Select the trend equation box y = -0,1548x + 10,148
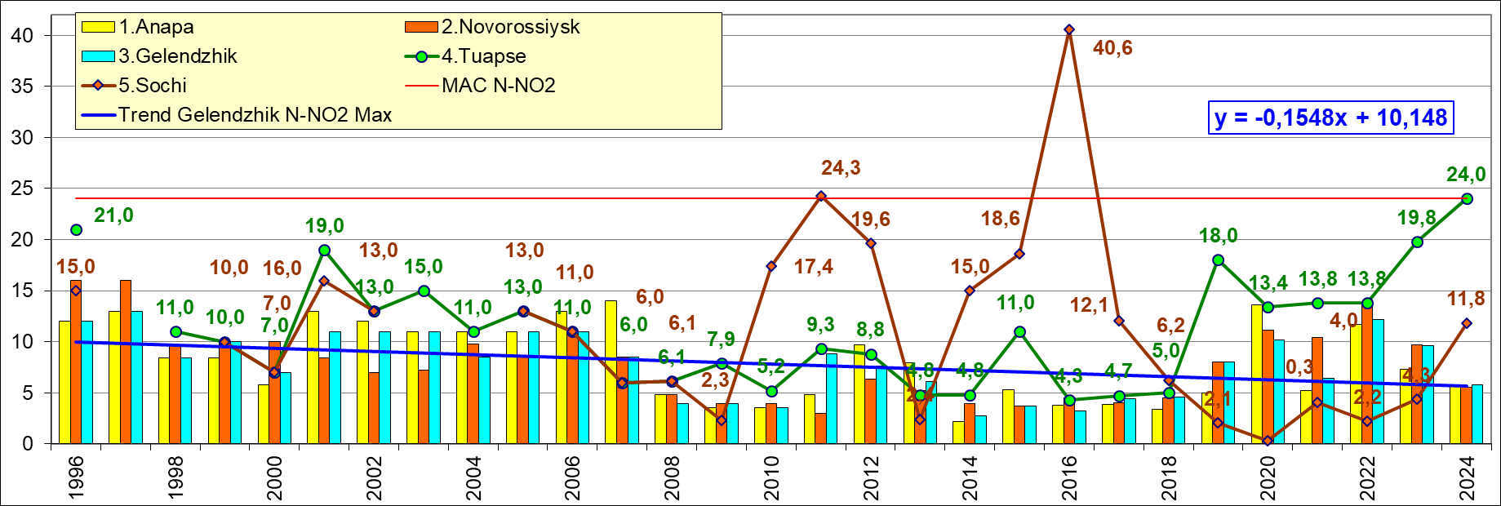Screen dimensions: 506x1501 1330,118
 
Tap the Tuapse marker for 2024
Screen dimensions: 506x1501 1467,198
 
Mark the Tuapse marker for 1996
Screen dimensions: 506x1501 76,229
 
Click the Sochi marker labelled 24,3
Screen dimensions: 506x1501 821,196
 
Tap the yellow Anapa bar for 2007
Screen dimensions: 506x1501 611,372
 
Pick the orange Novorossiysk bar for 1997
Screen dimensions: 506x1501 126,362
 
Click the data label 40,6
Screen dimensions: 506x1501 1112,48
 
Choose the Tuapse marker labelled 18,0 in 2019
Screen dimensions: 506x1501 1218,260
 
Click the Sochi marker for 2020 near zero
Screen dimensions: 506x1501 1268,441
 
